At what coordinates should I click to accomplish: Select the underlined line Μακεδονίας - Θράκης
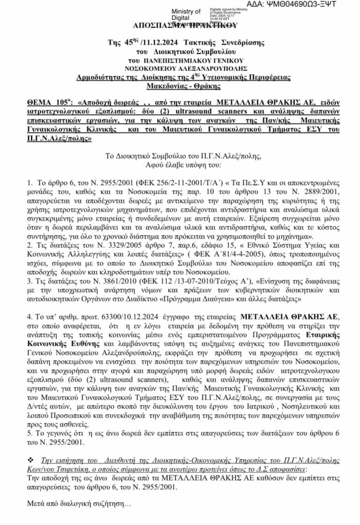point(179,85)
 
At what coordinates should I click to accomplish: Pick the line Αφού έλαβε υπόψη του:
point(178,152)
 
